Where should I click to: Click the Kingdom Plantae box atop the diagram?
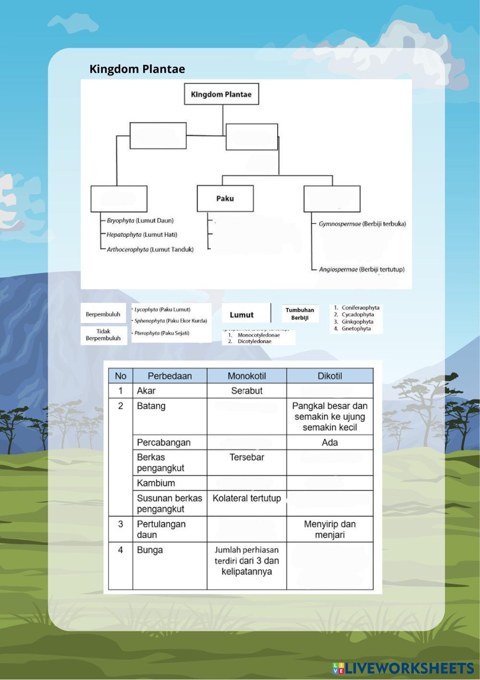coord(221,94)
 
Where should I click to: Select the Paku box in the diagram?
coord(225,198)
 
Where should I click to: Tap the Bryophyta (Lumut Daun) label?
coord(140,221)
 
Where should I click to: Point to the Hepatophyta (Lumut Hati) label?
coord(142,235)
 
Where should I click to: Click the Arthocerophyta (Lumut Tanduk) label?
coord(150,249)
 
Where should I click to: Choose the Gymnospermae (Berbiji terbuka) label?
coord(362,223)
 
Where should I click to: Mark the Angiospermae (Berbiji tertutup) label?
coord(362,269)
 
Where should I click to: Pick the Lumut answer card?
coord(241,315)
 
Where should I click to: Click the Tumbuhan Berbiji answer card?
coord(300,314)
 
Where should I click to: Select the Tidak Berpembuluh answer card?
coord(103,335)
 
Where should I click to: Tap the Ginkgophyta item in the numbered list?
coord(357,321)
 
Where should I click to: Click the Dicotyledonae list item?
coord(254,341)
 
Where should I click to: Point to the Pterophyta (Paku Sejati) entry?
coord(162,333)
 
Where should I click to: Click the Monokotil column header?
coord(246,376)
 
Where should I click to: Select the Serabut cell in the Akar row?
coord(246,391)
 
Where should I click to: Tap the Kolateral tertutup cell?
coord(246,498)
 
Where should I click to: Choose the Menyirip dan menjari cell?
coord(330,529)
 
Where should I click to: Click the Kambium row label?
coord(156,483)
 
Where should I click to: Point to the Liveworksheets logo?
coord(403,668)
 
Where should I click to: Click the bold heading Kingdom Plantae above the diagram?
coord(137,69)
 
